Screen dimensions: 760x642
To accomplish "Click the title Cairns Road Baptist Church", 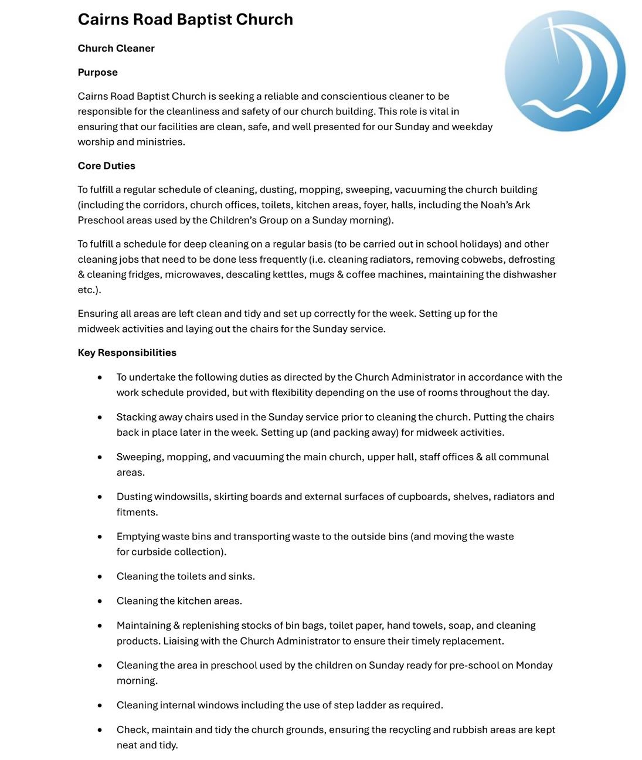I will click(185, 19).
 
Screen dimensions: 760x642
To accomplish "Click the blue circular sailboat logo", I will click(565, 71).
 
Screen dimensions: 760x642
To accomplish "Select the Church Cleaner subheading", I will click(116, 48).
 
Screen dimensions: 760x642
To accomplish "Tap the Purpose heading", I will click(98, 72).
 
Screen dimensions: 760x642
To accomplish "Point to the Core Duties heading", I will click(107, 166).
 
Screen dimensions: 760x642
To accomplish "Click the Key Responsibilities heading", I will click(127, 352).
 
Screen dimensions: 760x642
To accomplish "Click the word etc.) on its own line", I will click(89, 290).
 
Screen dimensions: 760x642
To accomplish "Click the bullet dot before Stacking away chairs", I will click(100, 418).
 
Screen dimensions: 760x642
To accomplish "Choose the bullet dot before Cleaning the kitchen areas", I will click(100, 601).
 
